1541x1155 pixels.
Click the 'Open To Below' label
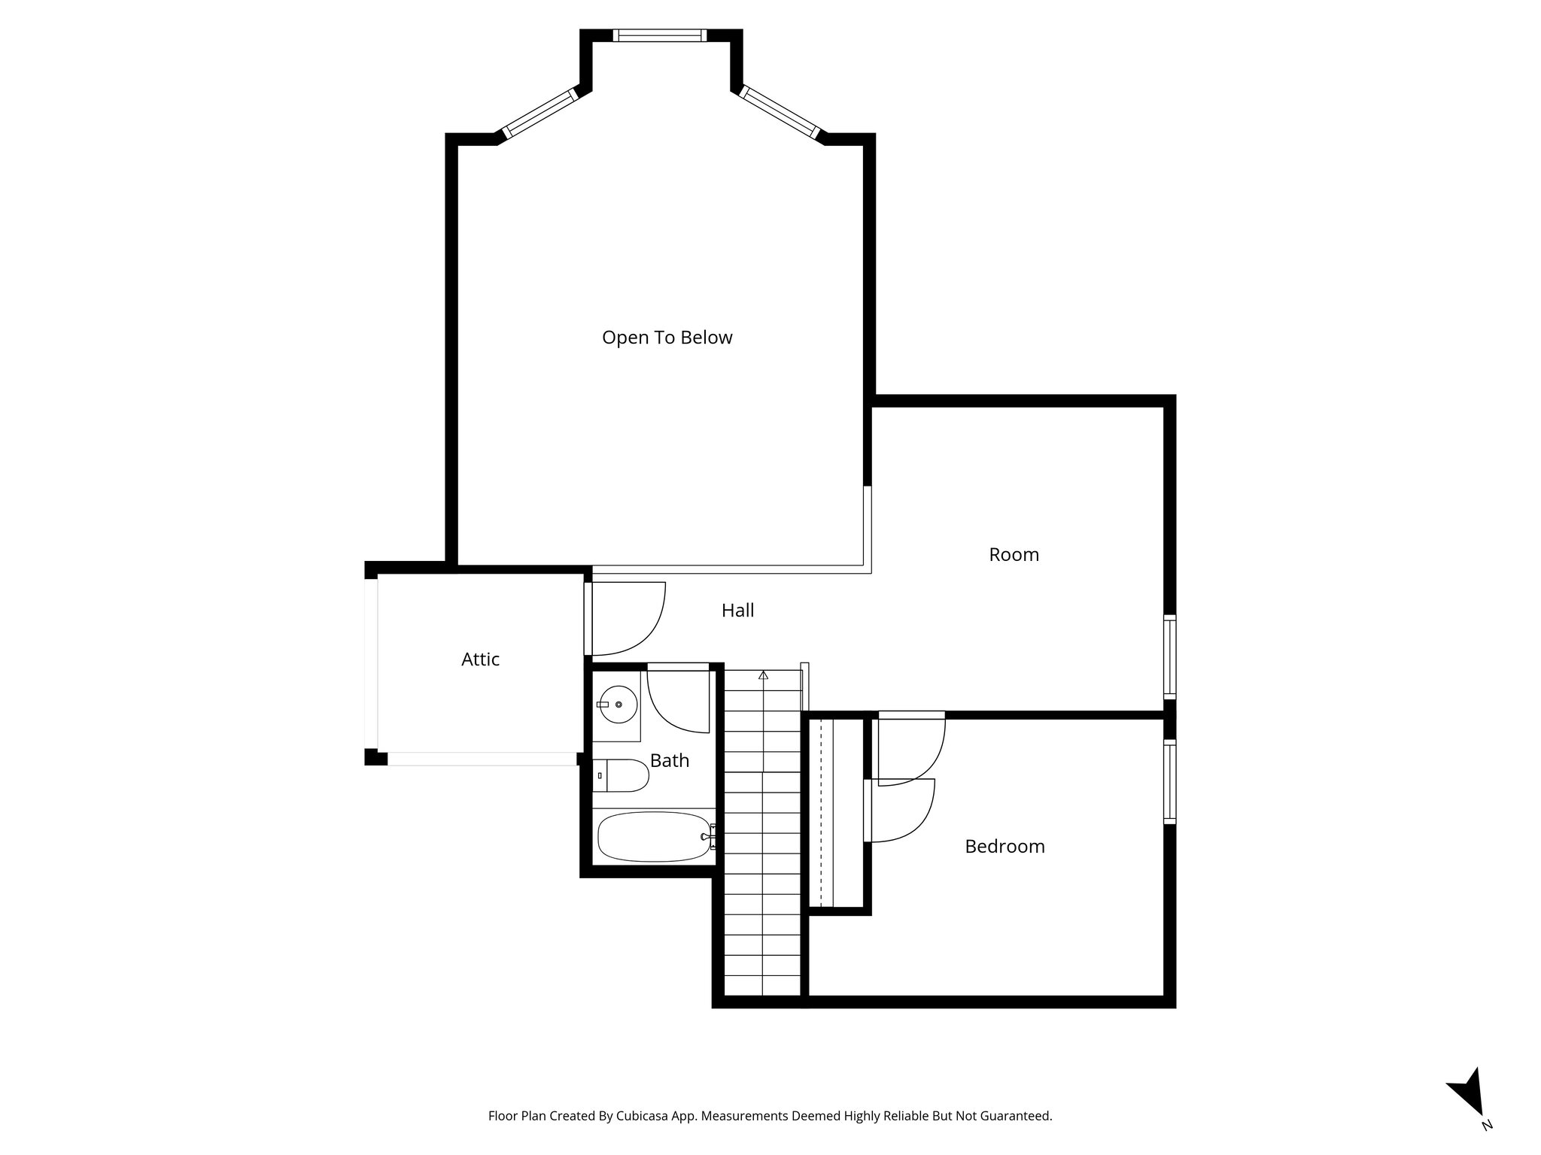point(667,338)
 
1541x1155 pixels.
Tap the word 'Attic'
point(480,659)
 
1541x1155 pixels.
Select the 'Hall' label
point(737,611)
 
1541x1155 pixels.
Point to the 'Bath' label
point(669,761)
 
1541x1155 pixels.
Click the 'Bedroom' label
point(1005,847)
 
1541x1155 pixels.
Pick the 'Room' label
point(1014,555)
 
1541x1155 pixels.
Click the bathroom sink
point(617,705)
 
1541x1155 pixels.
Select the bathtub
point(654,836)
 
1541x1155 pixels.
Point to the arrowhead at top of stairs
point(764,675)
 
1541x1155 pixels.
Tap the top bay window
point(660,35)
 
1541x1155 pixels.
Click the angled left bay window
point(540,114)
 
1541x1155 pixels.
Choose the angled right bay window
point(780,112)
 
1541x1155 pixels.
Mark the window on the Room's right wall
point(1169,657)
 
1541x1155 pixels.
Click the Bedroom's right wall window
point(1169,782)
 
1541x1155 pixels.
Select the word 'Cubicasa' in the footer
point(644,1116)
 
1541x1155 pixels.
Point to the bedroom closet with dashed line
point(835,812)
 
